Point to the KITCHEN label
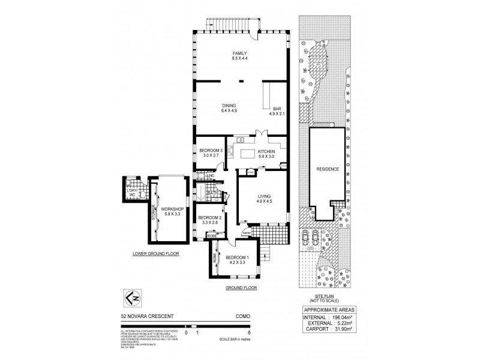click(x=266, y=152)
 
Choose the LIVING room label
click(x=264, y=196)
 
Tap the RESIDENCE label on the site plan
click(x=328, y=169)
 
